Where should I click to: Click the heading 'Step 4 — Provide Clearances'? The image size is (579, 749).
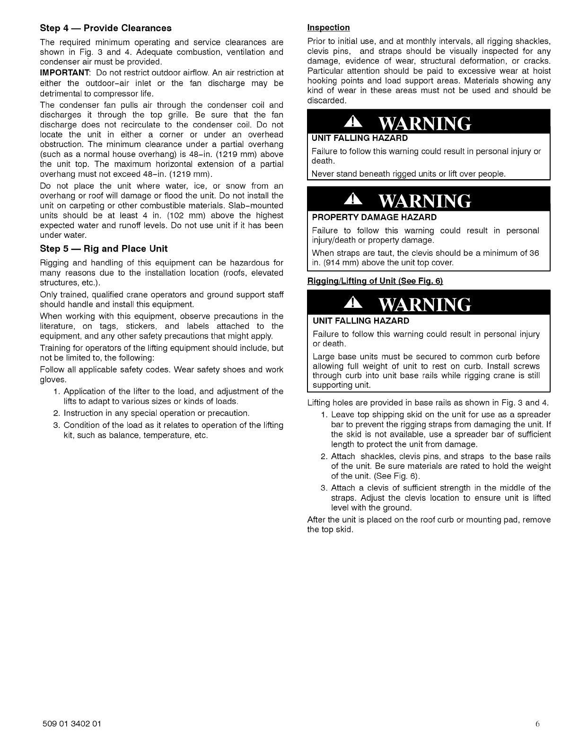[x=105, y=28]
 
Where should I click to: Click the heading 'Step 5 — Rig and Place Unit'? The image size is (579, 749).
[x=104, y=249]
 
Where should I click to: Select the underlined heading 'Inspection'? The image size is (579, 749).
[x=328, y=27]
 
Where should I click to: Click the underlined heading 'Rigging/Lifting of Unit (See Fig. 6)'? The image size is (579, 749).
[x=375, y=281]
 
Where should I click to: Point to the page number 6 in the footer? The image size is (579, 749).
[x=538, y=724]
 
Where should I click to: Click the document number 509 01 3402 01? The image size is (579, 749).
[x=70, y=724]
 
